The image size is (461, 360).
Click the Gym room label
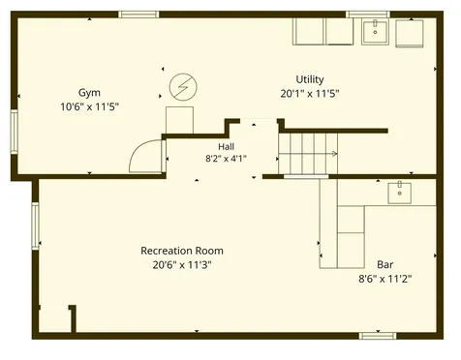[x=89, y=93]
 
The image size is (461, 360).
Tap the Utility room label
[x=310, y=79]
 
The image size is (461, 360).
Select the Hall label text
[x=226, y=147]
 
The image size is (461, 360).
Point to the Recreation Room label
[x=182, y=251]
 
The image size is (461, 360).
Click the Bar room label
[x=385, y=264]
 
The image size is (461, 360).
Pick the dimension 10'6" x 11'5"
[x=90, y=106]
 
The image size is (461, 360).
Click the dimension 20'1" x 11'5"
[x=310, y=94]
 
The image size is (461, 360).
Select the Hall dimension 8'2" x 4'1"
[x=226, y=159]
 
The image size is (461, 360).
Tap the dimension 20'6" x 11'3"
[x=182, y=265]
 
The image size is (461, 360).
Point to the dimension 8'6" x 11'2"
[x=385, y=279]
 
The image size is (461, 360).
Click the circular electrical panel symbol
[x=183, y=87]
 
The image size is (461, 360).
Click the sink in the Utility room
[x=375, y=32]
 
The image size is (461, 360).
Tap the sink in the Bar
[x=400, y=193]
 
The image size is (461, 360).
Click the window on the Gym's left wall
[x=14, y=132]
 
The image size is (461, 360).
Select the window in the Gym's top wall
[x=138, y=15]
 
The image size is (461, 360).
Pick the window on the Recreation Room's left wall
[x=35, y=225]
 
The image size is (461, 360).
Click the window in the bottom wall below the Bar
[x=378, y=336]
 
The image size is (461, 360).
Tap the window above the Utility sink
[x=368, y=15]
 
